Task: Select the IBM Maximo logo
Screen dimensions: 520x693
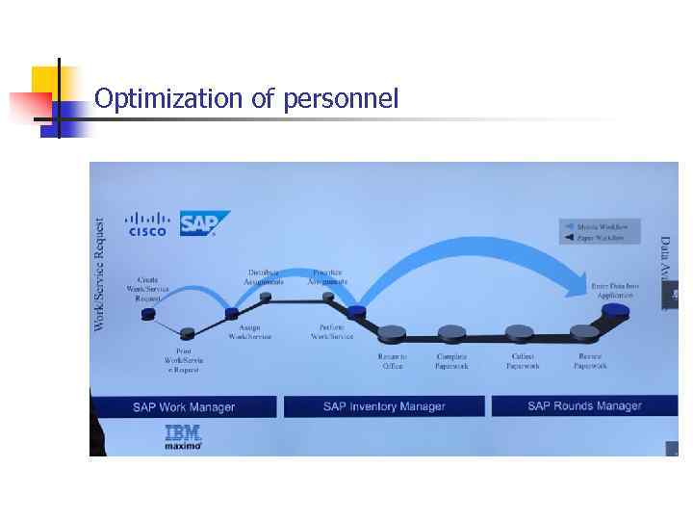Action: tap(182, 437)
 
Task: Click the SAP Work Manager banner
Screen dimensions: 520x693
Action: tap(183, 406)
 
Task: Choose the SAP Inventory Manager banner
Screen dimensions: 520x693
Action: tap(384, 406)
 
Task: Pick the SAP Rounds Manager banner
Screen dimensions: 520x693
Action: tap(584, 406)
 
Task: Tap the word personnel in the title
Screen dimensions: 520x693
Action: tap(341, 99)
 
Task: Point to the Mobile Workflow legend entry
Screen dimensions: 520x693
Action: tap(600, 226)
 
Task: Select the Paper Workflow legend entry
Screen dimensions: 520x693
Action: tap(600, 237)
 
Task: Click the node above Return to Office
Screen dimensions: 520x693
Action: tap(392, 333)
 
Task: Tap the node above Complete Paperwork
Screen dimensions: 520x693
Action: tap(451, 333)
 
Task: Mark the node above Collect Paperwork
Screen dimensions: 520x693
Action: tap(520, 332)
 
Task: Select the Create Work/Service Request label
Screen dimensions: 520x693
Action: tap(147, 289)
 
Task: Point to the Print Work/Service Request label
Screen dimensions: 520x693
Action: tap(183, 360)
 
